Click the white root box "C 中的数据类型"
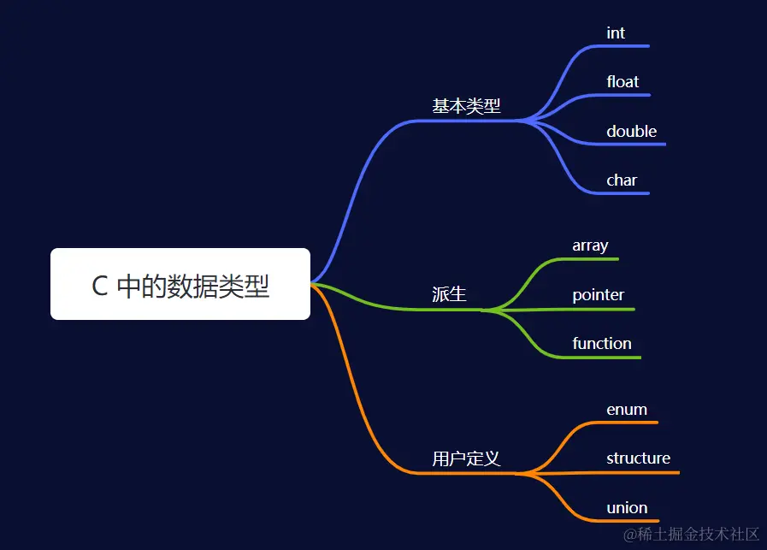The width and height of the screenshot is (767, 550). tap(180, 284)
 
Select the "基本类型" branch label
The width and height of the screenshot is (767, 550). tap(466, 106)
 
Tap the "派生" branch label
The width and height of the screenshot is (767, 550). tap(449, 294)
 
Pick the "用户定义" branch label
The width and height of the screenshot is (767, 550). tap(466, 458)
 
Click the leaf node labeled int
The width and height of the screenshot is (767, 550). tap(616, 33)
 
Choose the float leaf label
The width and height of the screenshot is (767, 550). tap(622, 82)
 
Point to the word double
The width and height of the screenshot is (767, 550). tap(631, 131)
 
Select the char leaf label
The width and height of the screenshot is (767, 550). tap(622, 180)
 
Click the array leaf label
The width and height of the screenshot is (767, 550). tap(590, 245)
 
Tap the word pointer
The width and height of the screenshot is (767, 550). tap(598, 295)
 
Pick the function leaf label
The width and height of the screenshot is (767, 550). tap(602, 344)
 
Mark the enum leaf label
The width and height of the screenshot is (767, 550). tap(627, 410)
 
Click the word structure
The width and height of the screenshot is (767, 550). tap(638, 458)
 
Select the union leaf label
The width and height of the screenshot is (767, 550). tap(627, 508)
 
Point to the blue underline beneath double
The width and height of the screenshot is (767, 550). tap(633, 145)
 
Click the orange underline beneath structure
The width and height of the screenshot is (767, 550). tap(641, 472)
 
